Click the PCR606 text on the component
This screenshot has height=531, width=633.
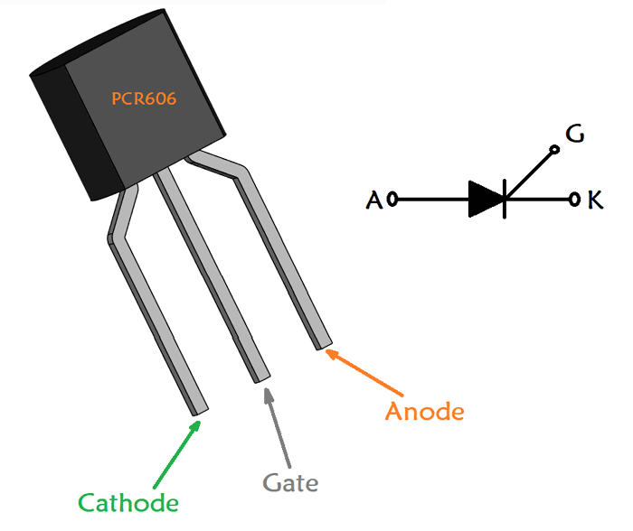pyautogui.click(x=144, y=98)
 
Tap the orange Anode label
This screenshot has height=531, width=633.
pyautogui.click(x=424, y=412)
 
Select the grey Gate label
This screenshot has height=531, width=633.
pyautogui.click(x=290, y=483)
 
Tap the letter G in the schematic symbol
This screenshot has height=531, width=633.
pyautogui.click(x=574, y=135)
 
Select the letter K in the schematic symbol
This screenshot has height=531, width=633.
pyautogui.click(x=595, y=200)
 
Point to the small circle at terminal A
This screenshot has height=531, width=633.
pyautogui.click(x=392, y=200)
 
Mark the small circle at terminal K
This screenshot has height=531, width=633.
pyautogui.click(x=574, y=200)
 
